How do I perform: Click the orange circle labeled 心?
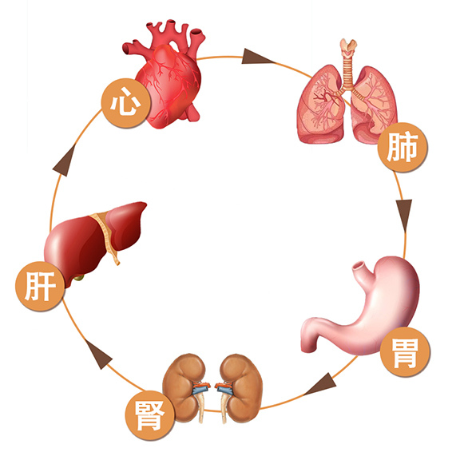coord(125,103)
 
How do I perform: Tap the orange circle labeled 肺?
coord(403,147)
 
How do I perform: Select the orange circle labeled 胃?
coord(405,352)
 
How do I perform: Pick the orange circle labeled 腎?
coord(150,415)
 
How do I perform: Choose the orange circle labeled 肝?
coord(40,286)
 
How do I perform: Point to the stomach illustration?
coord(361,307)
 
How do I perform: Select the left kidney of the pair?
coord(185,387)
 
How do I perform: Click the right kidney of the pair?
coord(240,388)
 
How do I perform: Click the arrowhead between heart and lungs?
coord(257,57)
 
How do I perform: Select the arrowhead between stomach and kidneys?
coord(322,384)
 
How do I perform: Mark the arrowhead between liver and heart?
coord(65,161)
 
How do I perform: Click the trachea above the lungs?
coord(347,71)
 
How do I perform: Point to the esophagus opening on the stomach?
coord(359,265)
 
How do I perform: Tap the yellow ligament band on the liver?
coord(106,234)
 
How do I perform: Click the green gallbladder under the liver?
coord(79,278)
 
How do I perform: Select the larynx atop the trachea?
coord(348,47)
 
